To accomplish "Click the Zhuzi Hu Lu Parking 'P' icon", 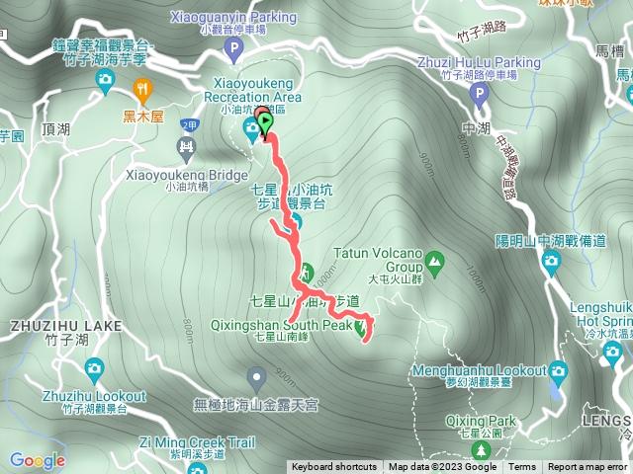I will click(480, 96).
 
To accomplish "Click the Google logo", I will click(37, 460).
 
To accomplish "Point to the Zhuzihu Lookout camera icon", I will click(94, 369).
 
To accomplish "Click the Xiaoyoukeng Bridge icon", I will click(185, 148).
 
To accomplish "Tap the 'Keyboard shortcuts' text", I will click(333, 467).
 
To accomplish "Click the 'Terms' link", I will click(522, 467).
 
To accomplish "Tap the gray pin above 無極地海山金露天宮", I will click(257, 376).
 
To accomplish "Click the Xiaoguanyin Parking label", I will click(247, 17).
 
